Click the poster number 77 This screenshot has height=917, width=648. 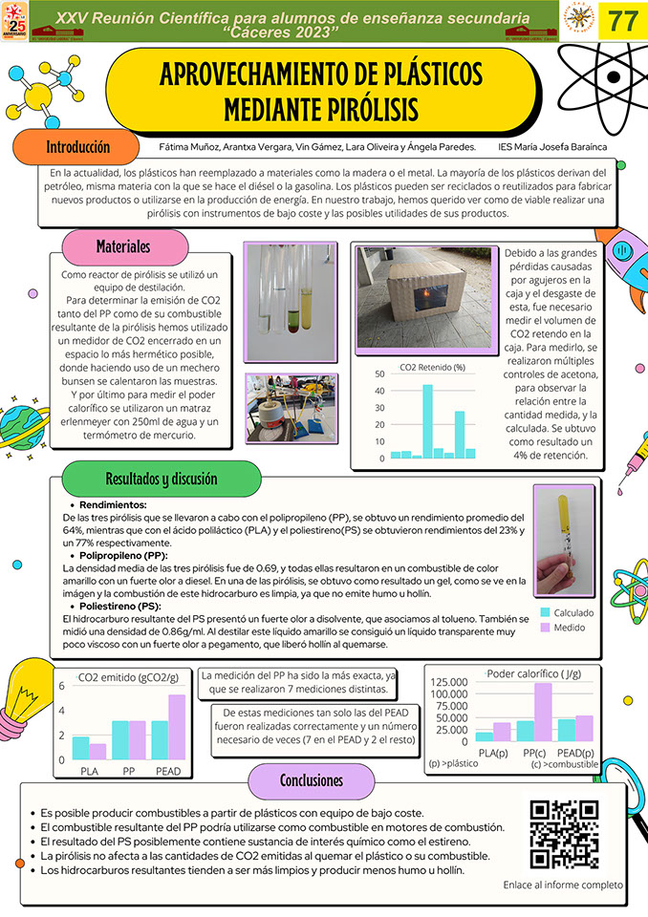(x=622, y=21)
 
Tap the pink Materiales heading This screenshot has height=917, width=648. (x=123, y=246)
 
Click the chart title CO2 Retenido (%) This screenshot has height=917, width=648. (x=432, y=367)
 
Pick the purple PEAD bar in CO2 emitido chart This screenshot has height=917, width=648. (x=177, y=726)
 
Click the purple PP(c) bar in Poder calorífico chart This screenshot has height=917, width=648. (x=543, y=712)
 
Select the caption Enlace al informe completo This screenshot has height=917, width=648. (x=562, y=885)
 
